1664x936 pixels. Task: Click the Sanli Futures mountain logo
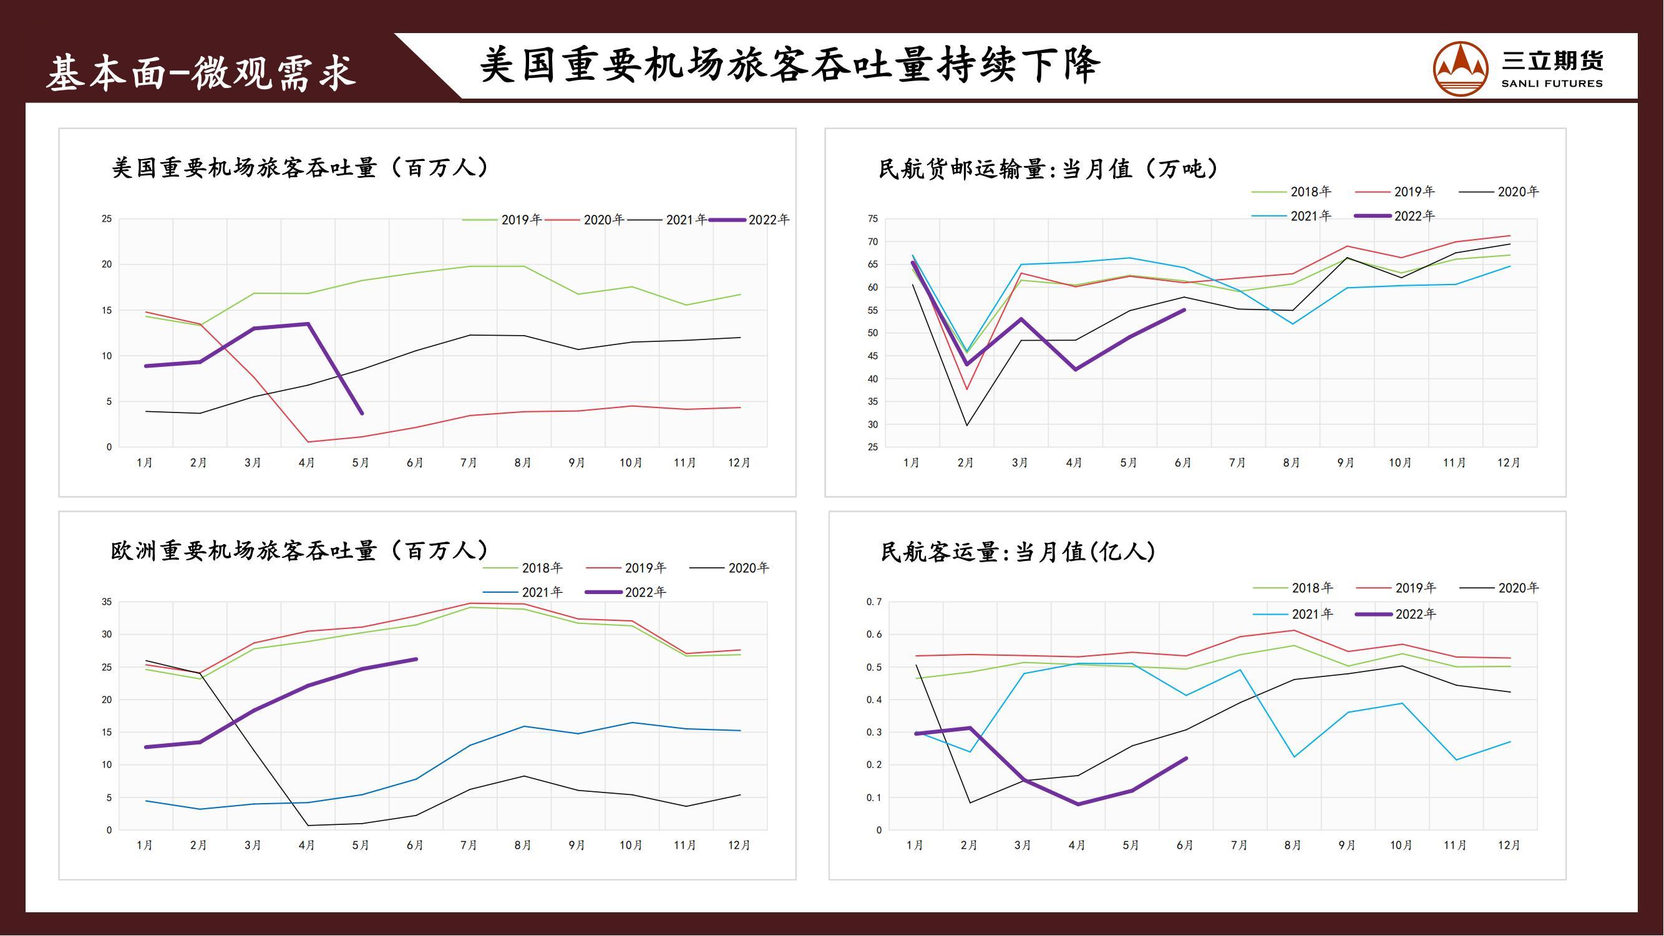click(1461, 68)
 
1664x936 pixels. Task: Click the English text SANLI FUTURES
click(1552, 84)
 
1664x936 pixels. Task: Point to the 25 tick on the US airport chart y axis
click(107, 219)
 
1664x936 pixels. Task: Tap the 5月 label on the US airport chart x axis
click(361, 463)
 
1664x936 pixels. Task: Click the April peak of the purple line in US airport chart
click(308, 324)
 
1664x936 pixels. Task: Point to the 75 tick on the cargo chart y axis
click(873, 219)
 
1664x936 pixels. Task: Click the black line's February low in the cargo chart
click(967, 425)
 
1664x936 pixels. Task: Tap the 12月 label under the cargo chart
click(1509, 463)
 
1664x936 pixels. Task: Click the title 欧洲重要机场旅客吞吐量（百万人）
click(299, 551)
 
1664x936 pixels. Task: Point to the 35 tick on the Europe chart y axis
click(107, 602)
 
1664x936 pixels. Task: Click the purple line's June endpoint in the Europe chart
click(416, 660)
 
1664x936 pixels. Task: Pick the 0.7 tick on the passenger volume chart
click(873, 602)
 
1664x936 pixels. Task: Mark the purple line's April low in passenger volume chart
click(1078, 805)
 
